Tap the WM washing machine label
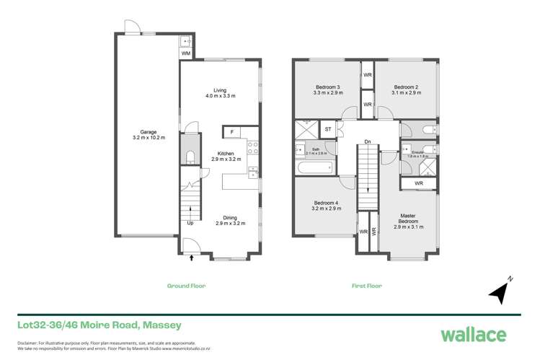[x=185, y=53]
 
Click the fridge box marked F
[x=232, y=132]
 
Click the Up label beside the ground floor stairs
[x=190, y=223]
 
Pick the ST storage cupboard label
[x=328, y=130]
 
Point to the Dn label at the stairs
[x=368, y=142]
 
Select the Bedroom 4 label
[x=327, y=204]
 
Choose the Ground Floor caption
[x=187, y=286]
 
